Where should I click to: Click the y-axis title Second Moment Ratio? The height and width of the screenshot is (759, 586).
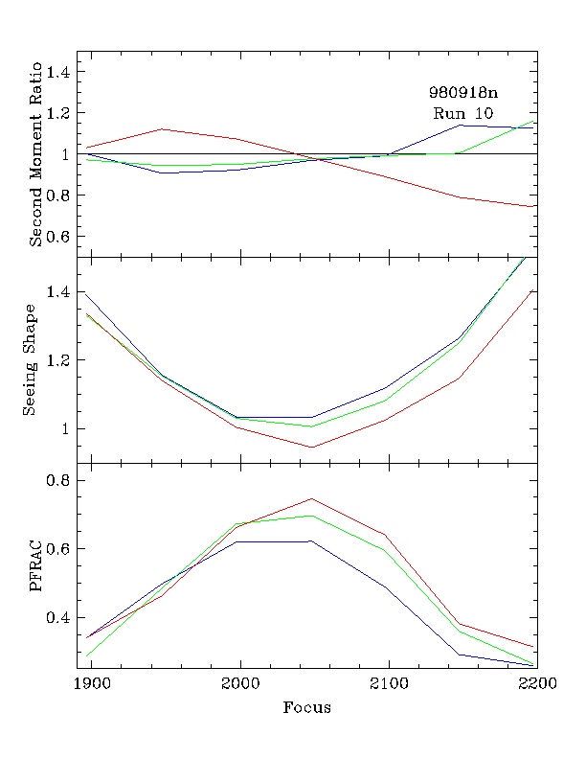[35, 154]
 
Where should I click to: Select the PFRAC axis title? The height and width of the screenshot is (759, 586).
[35, 565]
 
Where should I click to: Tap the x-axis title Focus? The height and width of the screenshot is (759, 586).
[306, 708]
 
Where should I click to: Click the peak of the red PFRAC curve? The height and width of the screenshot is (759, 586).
[311, 498]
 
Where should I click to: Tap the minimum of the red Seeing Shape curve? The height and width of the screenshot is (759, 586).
[311, 447]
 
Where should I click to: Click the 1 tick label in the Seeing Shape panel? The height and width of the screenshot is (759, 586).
[67, 429]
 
